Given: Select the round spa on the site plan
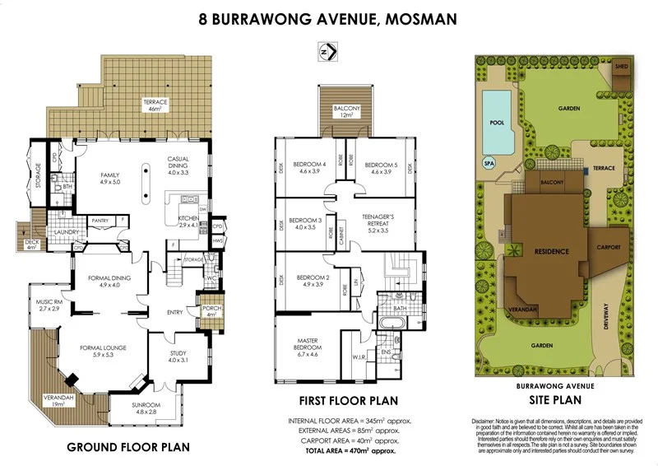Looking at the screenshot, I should click(x=489, y=163).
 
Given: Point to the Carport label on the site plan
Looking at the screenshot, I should click(x=608, y=246).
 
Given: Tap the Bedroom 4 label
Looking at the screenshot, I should click(x=313, y=167).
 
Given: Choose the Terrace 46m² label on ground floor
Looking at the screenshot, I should click(x=155, y=105).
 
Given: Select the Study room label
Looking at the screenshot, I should click(x=178, y=356).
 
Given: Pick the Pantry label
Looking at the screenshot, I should click(x=101, y=221).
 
